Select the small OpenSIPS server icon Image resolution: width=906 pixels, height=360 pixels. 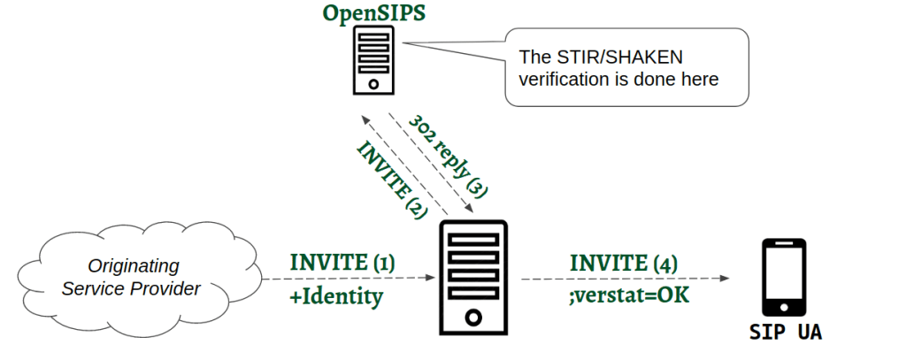(x=373, y=59)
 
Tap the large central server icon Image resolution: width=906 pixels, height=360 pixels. (x=474, y=278)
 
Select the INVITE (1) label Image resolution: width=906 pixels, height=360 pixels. (x=342, y=262)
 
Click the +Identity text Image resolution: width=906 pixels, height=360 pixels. (x=336, y=296)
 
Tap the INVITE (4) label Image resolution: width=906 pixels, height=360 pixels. (x=624, y=263)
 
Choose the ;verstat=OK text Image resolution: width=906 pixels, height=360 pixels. (x=630, y=296)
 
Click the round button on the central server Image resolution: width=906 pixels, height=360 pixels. (x=474, y=316)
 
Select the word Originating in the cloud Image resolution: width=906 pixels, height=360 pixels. (x=133, y=265)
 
